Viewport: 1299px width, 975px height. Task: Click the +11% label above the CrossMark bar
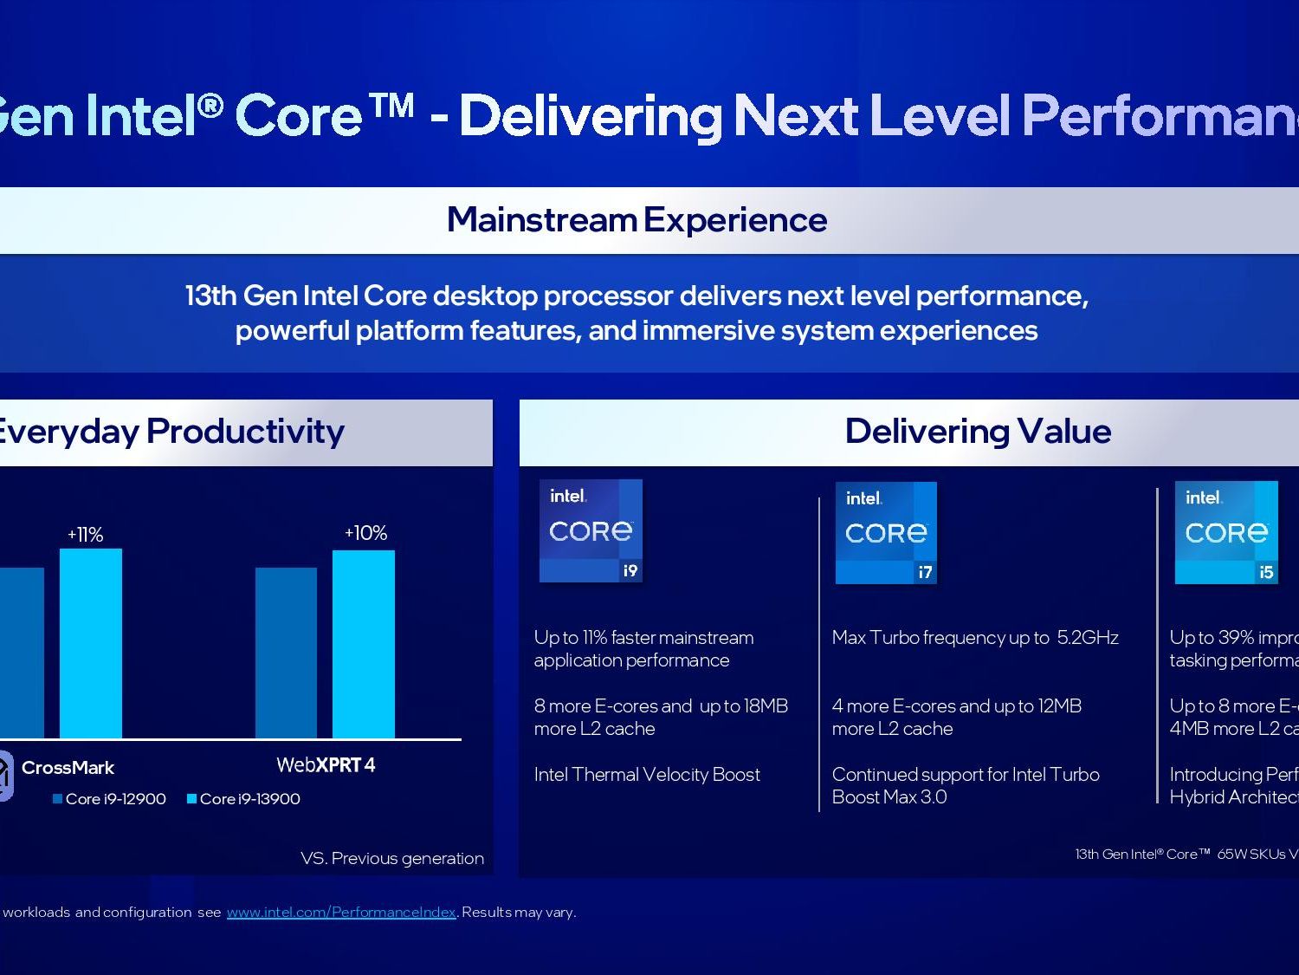pos(86,535)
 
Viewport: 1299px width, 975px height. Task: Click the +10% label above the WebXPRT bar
pos(365,533)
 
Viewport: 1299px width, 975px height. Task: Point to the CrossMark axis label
pos(68,768)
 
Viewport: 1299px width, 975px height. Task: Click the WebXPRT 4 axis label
pos(326,765)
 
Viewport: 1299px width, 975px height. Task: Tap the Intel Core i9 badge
pos(591,530)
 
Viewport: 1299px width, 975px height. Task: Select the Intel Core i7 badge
pos(886,532)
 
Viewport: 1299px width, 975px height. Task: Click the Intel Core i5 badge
pos(1226,532)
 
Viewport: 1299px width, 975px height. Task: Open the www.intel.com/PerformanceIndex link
pos(341,912)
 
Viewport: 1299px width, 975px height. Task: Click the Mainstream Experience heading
pos(637,220)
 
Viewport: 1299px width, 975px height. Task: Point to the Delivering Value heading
pos(978,432)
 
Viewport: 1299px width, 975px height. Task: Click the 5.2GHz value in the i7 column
pos(1088,638)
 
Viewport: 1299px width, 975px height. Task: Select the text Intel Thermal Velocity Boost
pos(647,775)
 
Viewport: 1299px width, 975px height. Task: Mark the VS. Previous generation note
pos(392,858)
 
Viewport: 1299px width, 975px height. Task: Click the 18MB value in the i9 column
pos(766,706)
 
